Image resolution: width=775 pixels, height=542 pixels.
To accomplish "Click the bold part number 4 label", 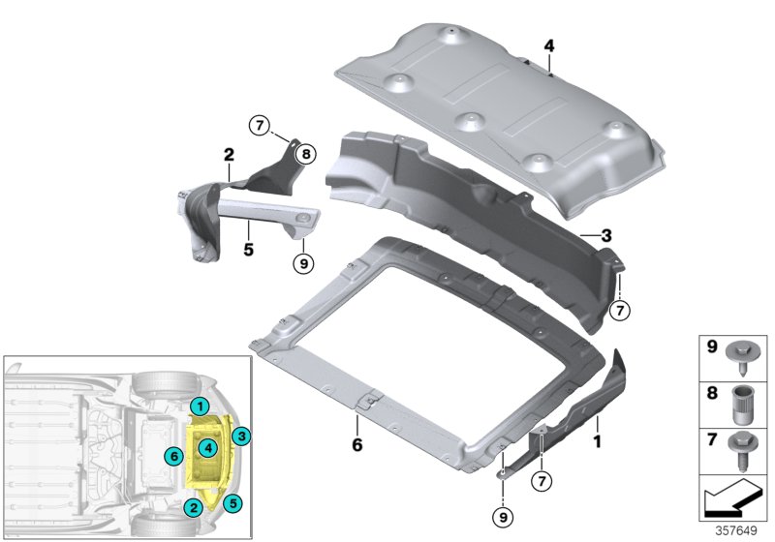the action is (549, 45).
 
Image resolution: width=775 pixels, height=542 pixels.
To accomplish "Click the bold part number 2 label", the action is (229, 155).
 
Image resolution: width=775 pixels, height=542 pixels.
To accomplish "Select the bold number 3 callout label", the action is (606, 236).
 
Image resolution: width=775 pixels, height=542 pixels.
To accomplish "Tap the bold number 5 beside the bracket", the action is (249, 250).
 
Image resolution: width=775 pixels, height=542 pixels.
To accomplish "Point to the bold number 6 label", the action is (357, 445).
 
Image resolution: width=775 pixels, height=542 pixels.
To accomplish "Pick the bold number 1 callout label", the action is (598, 441).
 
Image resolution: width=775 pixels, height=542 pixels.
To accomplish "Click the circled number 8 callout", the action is (306, 155).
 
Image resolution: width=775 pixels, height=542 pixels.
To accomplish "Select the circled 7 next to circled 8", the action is (260, 126).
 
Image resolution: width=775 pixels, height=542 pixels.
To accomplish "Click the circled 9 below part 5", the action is (303, 263).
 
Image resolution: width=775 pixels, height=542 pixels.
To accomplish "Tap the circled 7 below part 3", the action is (620, 311).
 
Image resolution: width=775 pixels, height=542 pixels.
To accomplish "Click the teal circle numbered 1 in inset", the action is (201, 406).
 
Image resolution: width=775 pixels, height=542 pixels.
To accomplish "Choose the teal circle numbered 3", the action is (241, 436).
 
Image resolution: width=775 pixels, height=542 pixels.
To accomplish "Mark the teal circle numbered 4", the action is (208, 448).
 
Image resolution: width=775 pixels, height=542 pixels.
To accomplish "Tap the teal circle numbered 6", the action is (174, 456).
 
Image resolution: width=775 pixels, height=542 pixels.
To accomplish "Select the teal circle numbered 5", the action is (232, 503).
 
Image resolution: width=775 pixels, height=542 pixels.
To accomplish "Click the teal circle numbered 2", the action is (193, 507).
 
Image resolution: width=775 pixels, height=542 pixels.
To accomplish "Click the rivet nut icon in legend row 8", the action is (741, 406).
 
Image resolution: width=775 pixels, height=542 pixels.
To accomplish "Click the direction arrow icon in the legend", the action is (732, 497).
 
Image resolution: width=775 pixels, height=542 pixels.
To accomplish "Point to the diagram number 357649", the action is (736, 530).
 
